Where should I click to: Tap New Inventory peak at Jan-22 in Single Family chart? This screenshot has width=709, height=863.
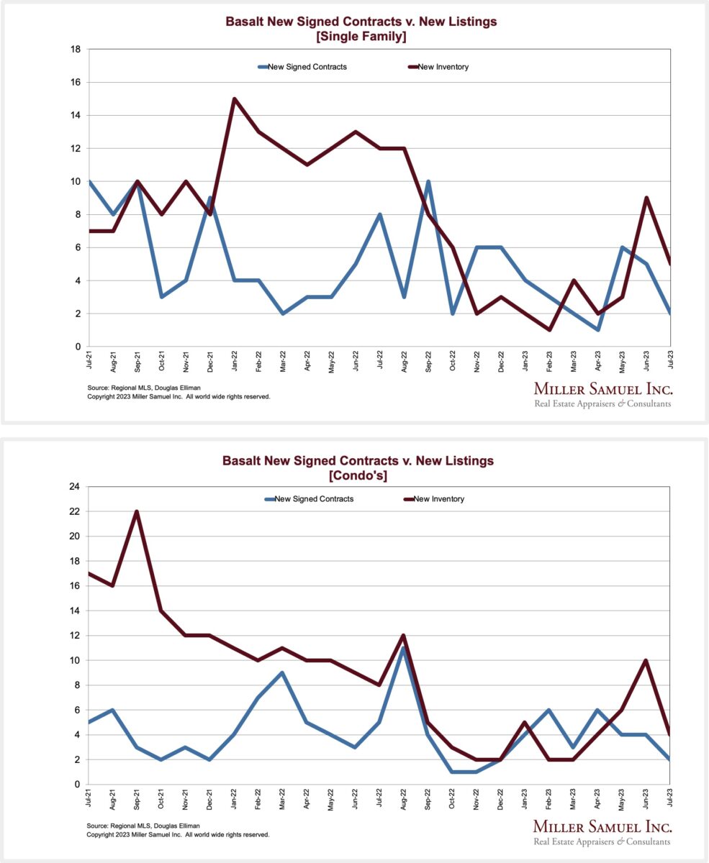pos(234,99)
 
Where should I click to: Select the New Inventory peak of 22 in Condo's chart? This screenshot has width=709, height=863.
pos(137,512)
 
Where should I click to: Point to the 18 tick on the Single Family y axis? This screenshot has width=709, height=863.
pos(75,50)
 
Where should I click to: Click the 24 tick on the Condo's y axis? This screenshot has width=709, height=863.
pos(75,487)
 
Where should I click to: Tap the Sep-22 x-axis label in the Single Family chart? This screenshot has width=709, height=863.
pos(428,362)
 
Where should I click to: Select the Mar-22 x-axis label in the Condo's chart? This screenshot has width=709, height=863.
pos(282,799)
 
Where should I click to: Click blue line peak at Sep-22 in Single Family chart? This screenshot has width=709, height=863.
pos(428,182)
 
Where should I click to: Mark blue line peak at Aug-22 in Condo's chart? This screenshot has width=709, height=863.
pos(404,649)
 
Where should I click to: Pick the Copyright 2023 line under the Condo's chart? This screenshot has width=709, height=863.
pos(178,834)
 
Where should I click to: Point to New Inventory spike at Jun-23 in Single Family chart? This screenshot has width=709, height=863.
pos(646,198)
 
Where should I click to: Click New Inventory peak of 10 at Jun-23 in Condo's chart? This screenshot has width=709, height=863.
pos(646,661)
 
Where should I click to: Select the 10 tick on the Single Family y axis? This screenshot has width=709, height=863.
pos(75,181)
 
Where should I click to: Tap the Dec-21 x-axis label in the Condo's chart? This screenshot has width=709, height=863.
pos(209,799)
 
